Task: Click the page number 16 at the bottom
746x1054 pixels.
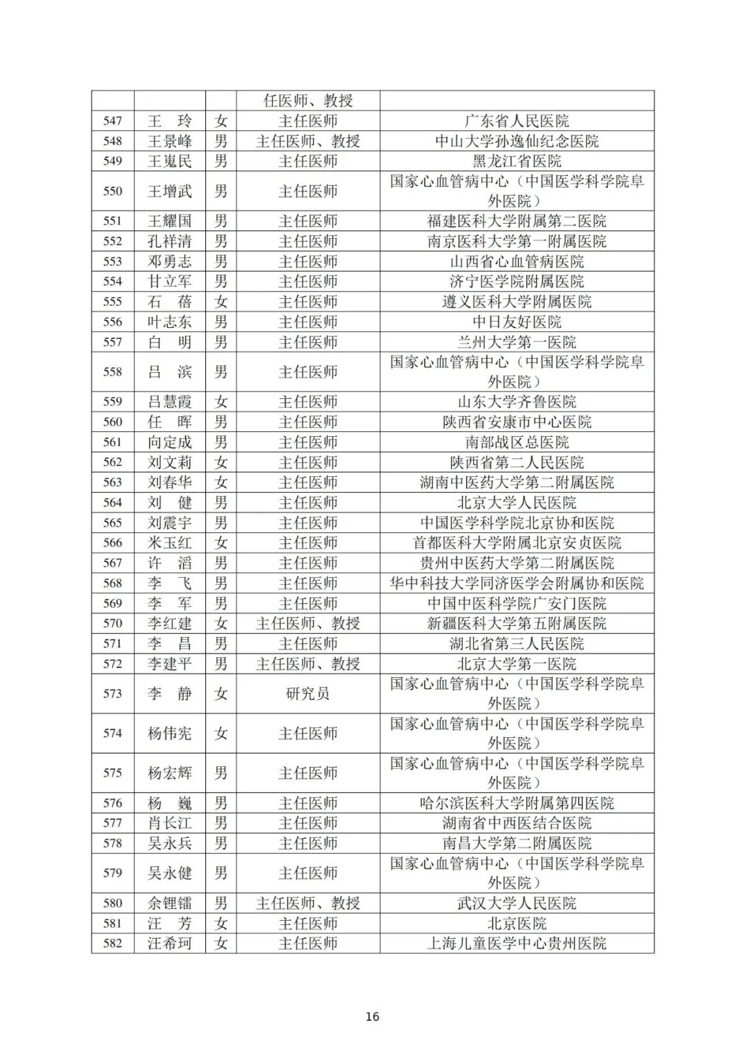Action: click(x=372, y=1016)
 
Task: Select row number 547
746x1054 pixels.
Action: click(x=113, y=121)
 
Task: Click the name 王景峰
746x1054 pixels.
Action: click(x=169, y=141)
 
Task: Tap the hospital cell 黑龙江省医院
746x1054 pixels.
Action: click(x=517, y=161)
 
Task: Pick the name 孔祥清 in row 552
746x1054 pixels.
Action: click(x=169, y=241)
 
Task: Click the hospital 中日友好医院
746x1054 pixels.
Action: click(x=517, y=322)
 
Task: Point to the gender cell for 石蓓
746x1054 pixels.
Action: click(x=220, y=302)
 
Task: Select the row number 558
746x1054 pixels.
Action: click(x=113, y=372)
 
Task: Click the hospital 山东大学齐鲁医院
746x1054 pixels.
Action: click(x=517, y=402)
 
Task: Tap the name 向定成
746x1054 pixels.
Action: click(x=169, y=442)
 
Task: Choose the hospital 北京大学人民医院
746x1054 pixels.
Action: click(x=517, y=502)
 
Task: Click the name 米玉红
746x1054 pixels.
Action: click(x=169, y=543)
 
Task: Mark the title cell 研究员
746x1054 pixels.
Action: click(x=308, y=693)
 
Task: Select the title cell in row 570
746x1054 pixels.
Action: click(x=308, y=623)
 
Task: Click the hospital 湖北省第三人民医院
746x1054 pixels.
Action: click(x=517, y=643)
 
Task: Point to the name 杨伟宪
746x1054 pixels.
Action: click(x=169, y=733)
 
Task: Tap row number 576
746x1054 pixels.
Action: click(x=113, y=803)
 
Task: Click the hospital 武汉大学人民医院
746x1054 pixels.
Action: click(x=517, y=903)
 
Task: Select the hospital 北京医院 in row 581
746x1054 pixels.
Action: click(x=517, y=923)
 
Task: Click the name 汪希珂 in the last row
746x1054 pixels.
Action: click(x=169, y=943)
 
